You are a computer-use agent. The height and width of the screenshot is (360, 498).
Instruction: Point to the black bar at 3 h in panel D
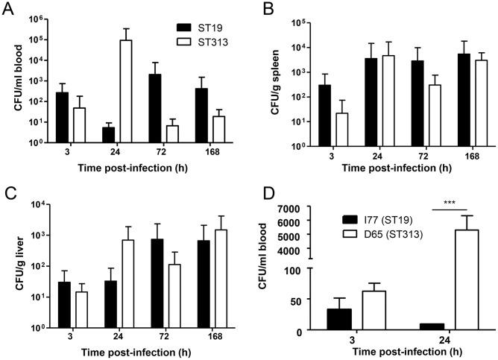pos(339,319)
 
